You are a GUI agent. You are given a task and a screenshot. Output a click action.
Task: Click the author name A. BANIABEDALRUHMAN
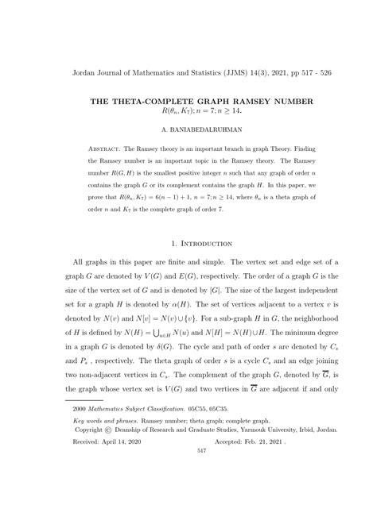(188, 126)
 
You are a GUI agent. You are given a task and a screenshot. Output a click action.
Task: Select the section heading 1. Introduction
(188, 243)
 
